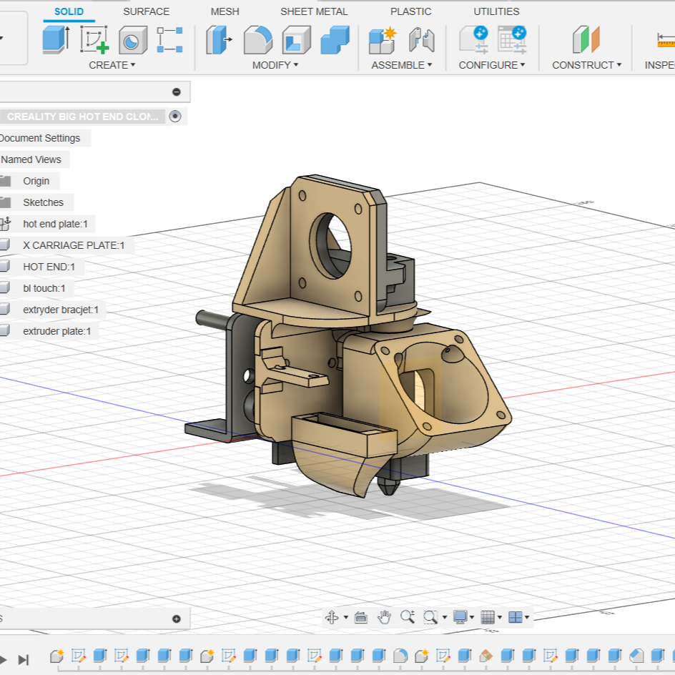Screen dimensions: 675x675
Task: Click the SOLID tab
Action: [x=69, y=11]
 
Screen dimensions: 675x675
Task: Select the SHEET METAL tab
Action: [x=314, y=11]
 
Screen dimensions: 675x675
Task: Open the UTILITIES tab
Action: [x=496, y=11]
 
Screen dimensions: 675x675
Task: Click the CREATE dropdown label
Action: [x=112, y=65]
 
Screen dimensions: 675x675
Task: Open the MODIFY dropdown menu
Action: [x=275, y=65]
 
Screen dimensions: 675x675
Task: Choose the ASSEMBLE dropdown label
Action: [x=401, y=65]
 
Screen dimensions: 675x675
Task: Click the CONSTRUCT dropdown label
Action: [x=586, y=65]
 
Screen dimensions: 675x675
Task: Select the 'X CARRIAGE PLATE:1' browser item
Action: [x=74, y=245]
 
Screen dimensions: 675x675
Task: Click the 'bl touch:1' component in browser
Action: [x=44, y=288]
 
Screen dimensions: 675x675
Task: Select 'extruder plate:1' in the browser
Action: [x=56, y=331]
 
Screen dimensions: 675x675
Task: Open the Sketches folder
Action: [x=43, y=202]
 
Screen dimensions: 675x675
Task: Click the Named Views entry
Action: [x=31, y=159]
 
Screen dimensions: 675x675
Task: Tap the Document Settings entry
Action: [x=40, y=138]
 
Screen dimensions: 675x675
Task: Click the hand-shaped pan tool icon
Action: [x=385, y=617]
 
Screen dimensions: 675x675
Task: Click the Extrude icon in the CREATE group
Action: [x=56, y=40]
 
